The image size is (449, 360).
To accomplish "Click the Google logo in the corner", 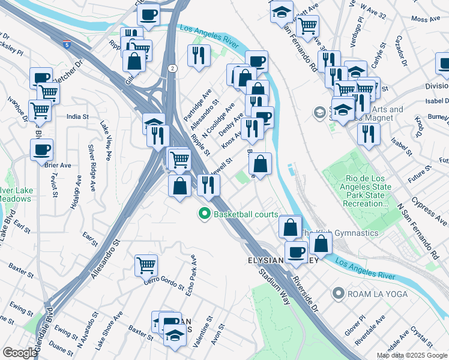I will (20, 353).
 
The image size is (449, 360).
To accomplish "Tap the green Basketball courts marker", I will (205, 214).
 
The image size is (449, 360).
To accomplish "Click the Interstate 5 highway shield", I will (67, 43).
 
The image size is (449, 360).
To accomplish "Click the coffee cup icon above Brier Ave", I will (41, 149).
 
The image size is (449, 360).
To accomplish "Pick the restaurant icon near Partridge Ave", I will (199, 55).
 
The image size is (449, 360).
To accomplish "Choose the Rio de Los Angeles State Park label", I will (368, 191).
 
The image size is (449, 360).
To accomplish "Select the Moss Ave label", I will (426, 19).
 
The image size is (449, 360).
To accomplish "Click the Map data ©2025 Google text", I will (411, 355).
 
